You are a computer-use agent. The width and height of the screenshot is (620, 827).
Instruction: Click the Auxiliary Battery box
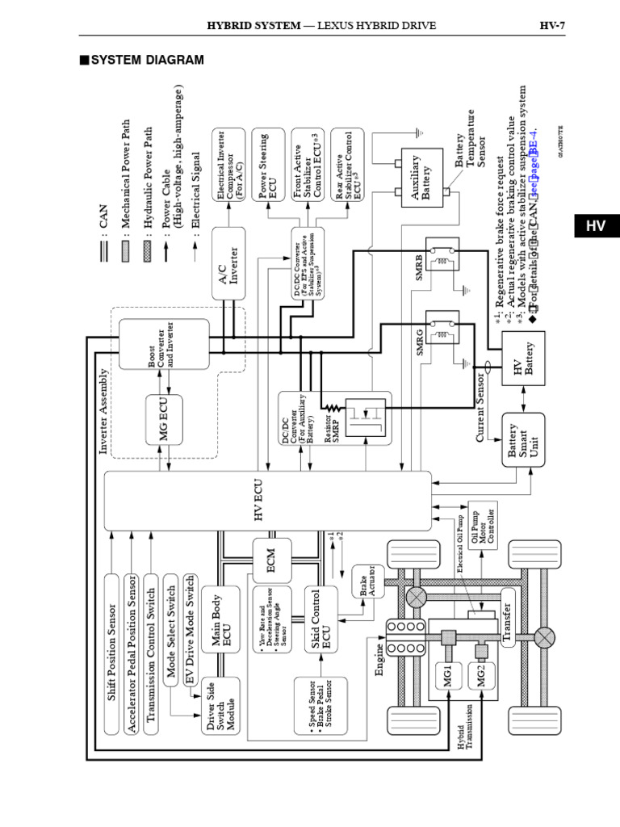click(x=426, y=175)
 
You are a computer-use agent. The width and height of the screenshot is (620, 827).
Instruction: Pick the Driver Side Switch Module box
click(x=221, y=706)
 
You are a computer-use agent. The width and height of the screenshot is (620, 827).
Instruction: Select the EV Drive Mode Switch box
click(x=191, y=629)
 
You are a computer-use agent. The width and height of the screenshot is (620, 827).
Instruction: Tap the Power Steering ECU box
click(x=270, y=171)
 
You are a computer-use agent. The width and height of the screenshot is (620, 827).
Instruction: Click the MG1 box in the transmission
click(x=449, y=673)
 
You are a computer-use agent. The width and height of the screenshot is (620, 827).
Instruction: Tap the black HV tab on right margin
click(x=595, y=227)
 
